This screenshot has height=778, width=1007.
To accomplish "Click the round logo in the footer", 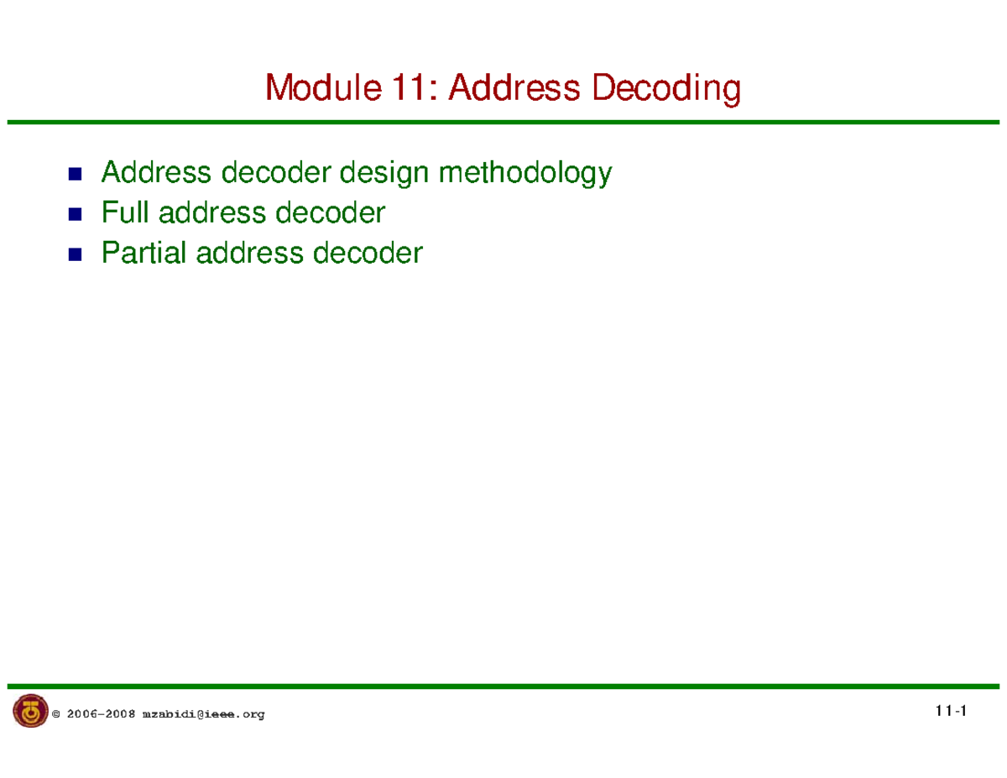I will (x=30, y=712).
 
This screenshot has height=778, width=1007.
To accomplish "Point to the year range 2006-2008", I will (x=101, y=714).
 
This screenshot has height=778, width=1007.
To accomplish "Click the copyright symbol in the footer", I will (x=56, y=714).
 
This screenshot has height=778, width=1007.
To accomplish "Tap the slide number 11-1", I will (x=950, y=712).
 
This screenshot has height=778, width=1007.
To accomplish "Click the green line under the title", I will (x=503, y=123).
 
